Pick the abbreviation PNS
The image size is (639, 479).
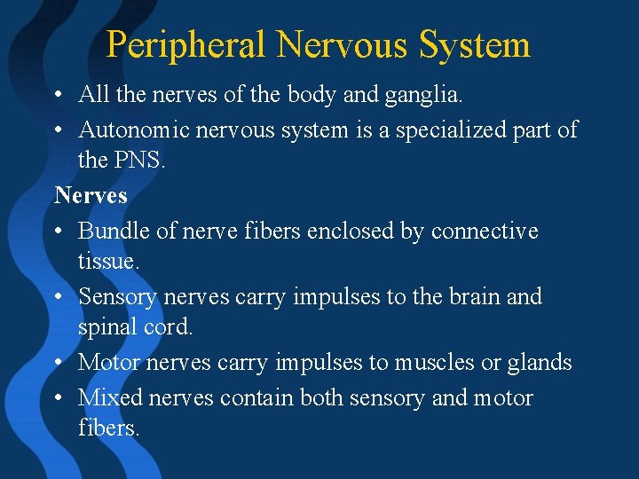coord(138,161)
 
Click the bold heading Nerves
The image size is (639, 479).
coord(91,194)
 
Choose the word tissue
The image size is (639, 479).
coord(108,262)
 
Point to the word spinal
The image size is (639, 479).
coord(110,327)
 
